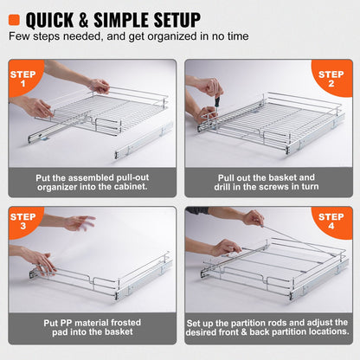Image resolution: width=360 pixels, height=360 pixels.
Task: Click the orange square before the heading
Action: pos(15,19)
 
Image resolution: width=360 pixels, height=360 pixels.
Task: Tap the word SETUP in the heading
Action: pos(170,19)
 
